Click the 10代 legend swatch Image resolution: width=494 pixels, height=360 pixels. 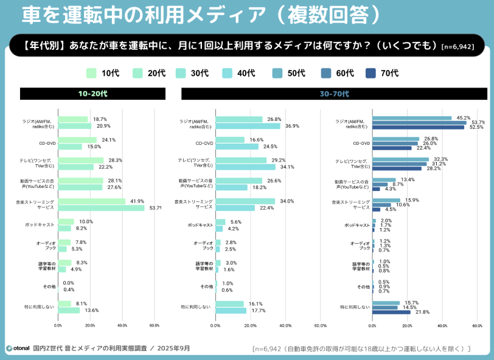[92, 73]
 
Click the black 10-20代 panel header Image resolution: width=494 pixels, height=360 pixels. [92, 94]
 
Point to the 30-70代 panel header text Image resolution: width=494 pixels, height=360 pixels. [335, 94]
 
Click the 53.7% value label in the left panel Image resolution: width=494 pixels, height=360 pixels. [155, 208]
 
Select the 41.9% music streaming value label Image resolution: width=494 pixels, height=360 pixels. [136, 201]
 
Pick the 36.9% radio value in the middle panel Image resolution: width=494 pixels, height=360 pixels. [292, 126]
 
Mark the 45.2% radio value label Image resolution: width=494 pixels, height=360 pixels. [463, 117]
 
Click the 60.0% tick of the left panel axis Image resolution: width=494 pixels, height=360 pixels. [154, 325]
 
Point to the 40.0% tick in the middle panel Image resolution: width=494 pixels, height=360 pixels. [285, 325]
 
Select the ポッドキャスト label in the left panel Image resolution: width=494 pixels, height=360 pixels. [41, 225]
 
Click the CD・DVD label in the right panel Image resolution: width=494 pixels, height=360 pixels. [363, 144]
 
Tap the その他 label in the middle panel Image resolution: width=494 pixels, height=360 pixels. [207, 286]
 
